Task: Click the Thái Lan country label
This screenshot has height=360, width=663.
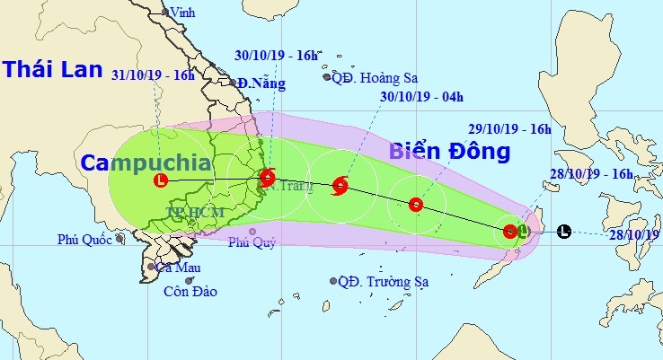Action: click(x=50, y=69)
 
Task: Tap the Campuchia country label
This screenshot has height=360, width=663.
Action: click(x=146, y=162)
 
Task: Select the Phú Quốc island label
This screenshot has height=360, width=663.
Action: click(x=84, y=240)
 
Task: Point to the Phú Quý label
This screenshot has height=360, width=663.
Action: click(x=247, y=241)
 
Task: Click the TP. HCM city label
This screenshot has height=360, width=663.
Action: click(x=193, y=213)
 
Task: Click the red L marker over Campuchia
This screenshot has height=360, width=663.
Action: click(x=160, y=180)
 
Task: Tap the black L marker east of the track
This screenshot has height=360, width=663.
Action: click(x=563, y=231)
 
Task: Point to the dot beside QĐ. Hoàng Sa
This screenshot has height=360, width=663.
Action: click(x=327, y=77)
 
